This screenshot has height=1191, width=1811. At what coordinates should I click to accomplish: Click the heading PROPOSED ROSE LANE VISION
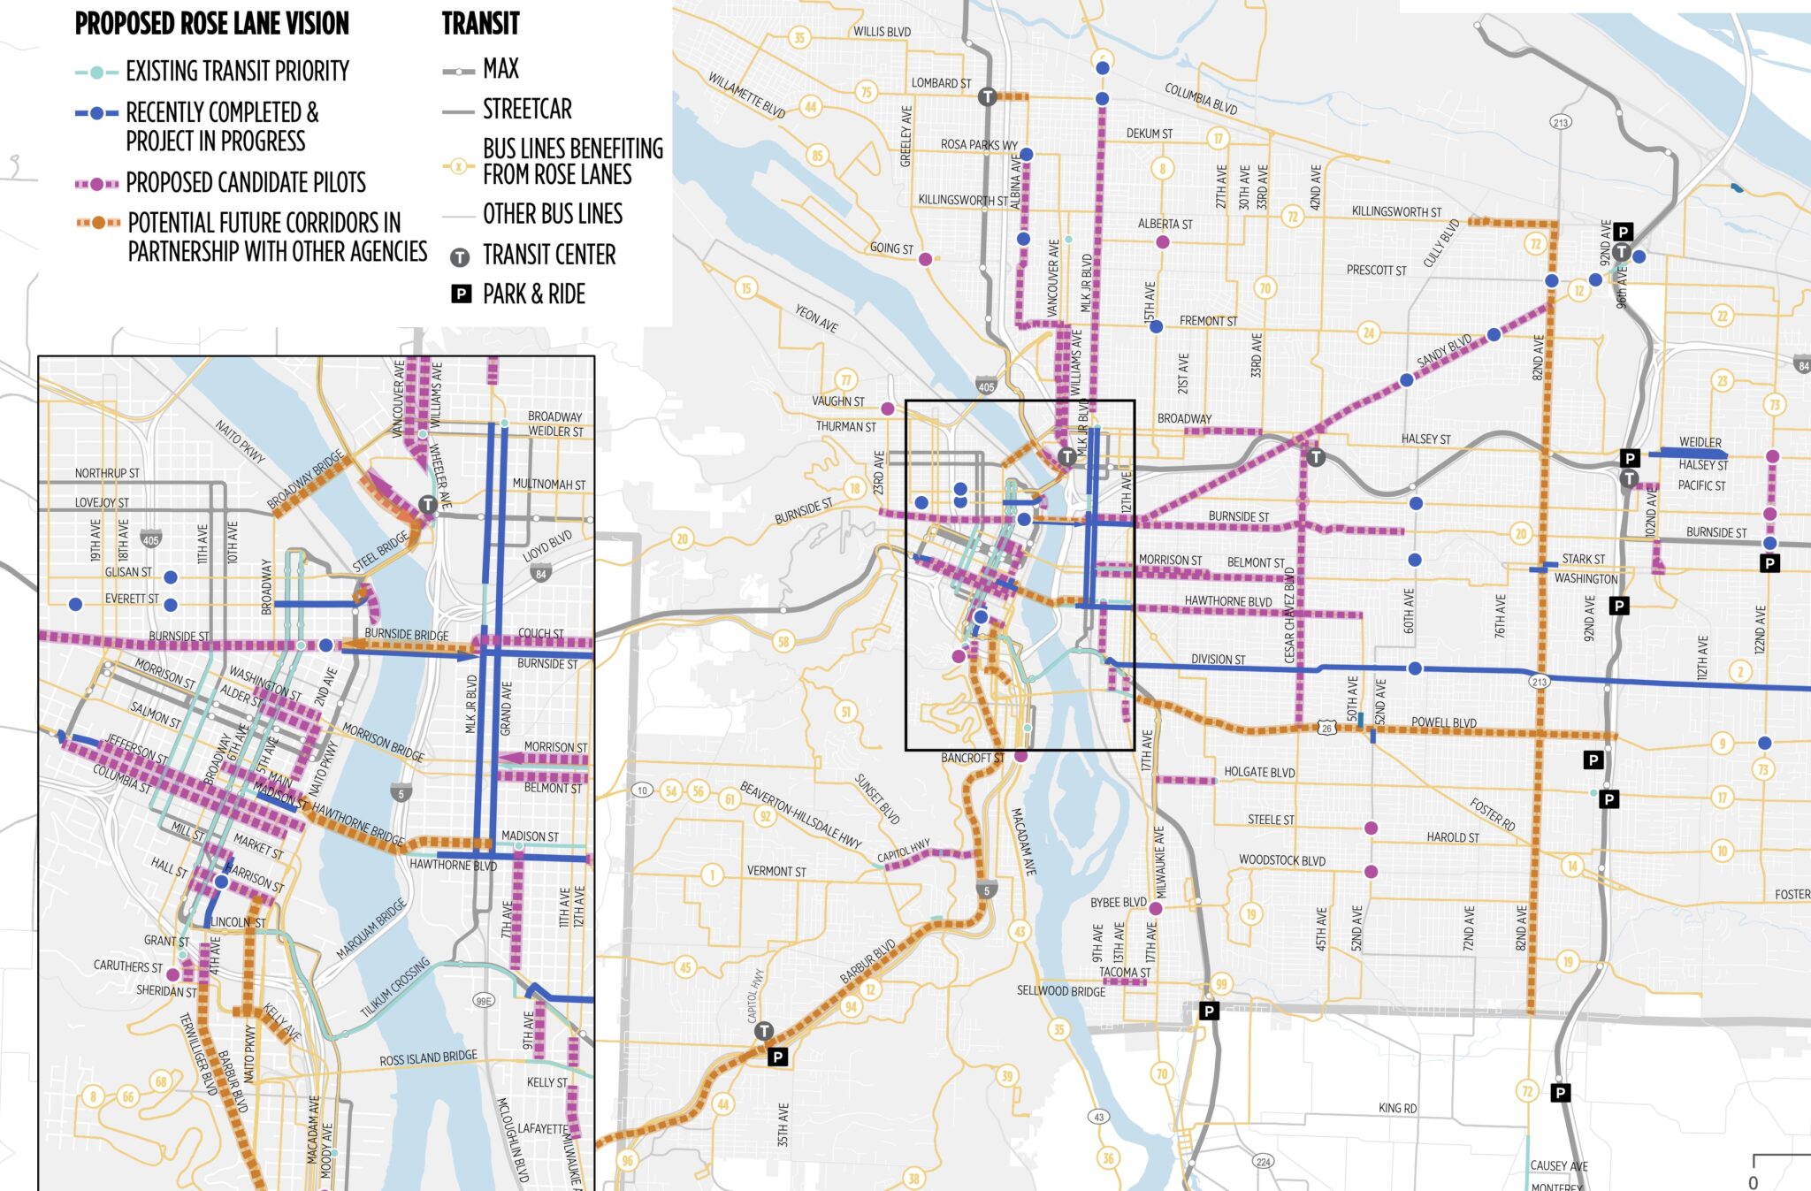[212, 24]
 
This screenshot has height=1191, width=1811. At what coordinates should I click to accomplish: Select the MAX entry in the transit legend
[501, 69]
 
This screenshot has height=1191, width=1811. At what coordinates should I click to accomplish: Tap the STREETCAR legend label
[527, 110]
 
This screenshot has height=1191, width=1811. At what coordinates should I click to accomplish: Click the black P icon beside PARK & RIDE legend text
[462, 294]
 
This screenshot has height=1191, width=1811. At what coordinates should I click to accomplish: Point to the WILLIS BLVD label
[882, 32]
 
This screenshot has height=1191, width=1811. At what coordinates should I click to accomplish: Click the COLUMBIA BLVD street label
[1200, 98]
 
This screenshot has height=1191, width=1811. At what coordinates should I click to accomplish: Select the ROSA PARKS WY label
[979, 144]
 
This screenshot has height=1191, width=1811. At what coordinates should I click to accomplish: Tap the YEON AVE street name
[816, 318]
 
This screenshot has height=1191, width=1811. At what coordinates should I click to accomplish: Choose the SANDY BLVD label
[1444, 351]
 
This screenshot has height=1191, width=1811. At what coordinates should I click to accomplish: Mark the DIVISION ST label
[1218, 660]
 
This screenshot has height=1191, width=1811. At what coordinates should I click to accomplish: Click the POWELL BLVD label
[1443, 722]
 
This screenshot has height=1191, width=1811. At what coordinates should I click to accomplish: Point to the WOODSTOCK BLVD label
[1281, 859]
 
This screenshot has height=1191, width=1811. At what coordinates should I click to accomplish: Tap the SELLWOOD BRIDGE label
[1061, 991]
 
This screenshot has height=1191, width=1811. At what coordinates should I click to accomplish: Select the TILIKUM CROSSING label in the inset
[394, 988]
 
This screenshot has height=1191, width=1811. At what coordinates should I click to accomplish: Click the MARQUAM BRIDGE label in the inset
[371, 929]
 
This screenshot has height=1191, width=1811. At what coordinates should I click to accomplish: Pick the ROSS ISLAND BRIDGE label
[428, 1058]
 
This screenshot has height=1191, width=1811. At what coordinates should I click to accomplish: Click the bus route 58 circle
[783, 642]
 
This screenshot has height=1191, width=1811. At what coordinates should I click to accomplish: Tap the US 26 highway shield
[1326, 728]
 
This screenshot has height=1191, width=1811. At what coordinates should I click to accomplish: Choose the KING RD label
[1397, 1108]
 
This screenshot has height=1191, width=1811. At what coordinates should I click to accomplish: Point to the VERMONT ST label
[776, 871]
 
